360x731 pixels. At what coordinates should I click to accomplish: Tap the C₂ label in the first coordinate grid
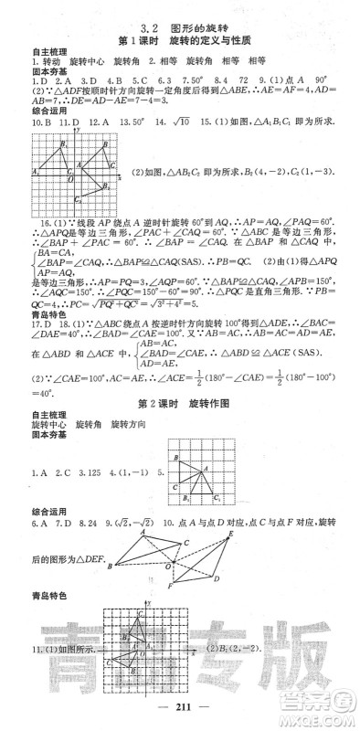coord(79,199)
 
